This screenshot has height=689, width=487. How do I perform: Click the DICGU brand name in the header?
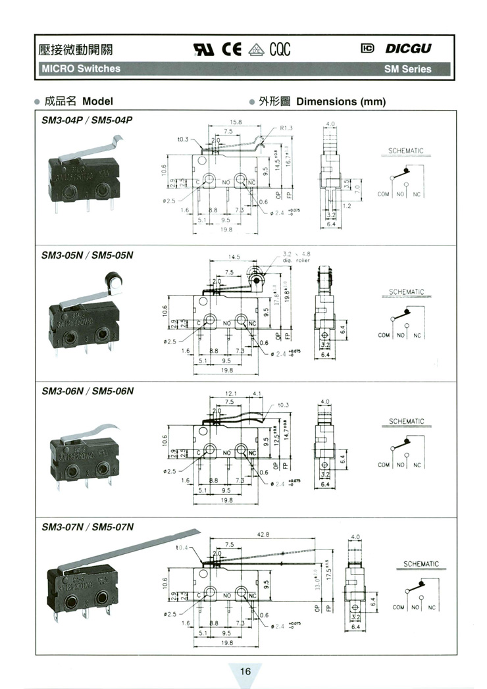click(x=409, y=48)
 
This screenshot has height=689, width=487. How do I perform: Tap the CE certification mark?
click(x=234, y=49)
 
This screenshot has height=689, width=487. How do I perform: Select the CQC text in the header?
click(x=279, y=49)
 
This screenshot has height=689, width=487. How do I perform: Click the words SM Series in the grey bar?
click(x=408, y=68)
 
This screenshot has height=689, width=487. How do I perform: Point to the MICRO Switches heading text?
click(x=81, y=68)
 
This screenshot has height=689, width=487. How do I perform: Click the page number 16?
click(x=245, y=671)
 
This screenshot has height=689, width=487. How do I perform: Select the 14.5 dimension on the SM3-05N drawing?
click(x=234, y=257)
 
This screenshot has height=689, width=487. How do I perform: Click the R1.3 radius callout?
click(x=286, y=128)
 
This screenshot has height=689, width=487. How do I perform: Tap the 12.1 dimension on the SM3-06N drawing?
click(x=230, y=394)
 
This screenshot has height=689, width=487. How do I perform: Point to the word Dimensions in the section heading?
click(x=326, y=101)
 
